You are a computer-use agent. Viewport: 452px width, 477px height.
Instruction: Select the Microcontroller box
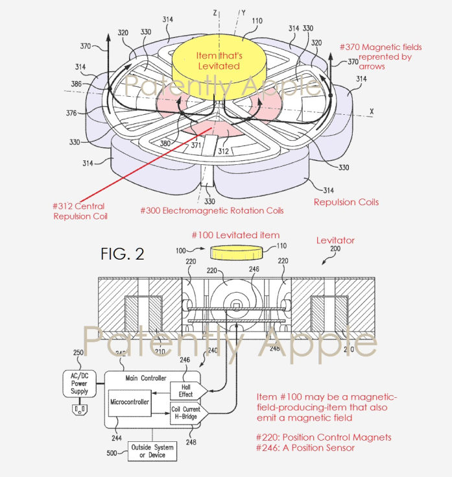[x=129, y=403]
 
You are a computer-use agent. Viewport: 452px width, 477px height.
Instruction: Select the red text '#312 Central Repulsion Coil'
[x=80, y=211]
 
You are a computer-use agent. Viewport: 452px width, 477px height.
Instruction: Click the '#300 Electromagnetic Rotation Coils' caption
[x=211, y=210]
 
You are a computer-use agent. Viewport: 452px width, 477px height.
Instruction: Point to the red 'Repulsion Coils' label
[x=346, y=202]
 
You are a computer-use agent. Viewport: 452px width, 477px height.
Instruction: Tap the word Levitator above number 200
[x=335, y=241]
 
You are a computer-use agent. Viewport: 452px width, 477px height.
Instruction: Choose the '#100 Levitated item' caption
[x=244, y=234]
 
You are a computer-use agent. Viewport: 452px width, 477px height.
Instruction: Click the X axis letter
[x=372, y=112]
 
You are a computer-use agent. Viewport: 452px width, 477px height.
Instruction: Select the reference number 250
[x=79, y=353]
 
